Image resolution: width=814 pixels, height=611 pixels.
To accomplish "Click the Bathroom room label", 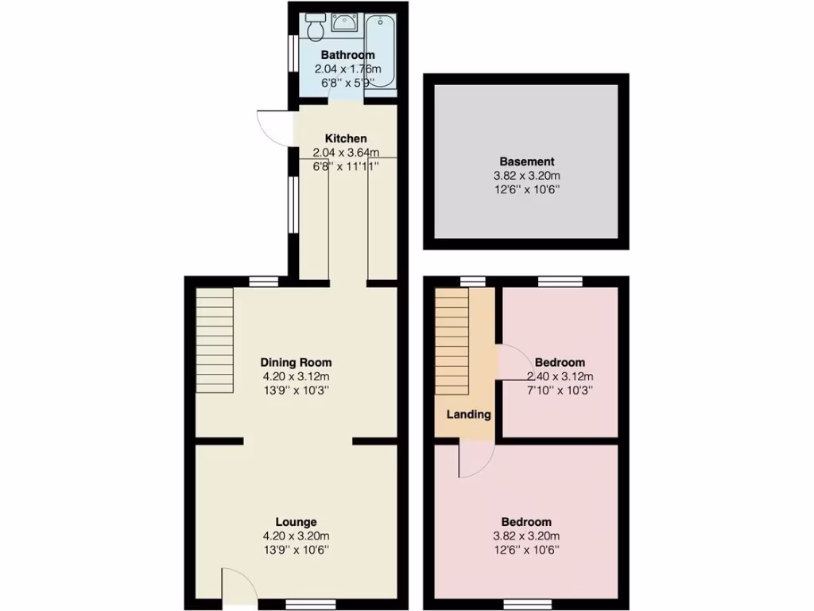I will [347, 55].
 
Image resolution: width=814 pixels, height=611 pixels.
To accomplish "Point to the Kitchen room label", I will [345, 138].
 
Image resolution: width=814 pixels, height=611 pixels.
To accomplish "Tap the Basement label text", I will [526, 162].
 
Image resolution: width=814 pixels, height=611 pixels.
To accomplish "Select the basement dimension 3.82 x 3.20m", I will [526, 177].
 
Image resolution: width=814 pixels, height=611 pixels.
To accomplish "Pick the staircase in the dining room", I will [215, 341].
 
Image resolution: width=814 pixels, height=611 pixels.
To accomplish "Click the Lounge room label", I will [297, 522].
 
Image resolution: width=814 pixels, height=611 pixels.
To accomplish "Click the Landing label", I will [468, 414].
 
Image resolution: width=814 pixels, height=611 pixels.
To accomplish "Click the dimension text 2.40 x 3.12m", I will [560, 376].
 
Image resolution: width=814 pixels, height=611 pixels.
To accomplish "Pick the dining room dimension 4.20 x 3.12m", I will [297, 376].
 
